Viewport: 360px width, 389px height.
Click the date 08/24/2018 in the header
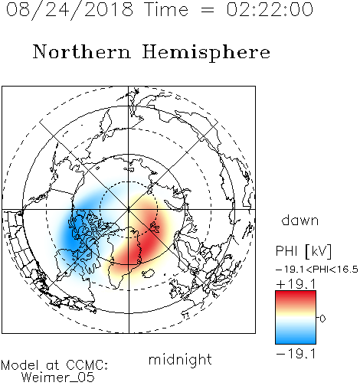pos(70,10)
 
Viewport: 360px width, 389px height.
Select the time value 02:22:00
pos(270,9)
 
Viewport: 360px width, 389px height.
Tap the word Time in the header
pos(166,9)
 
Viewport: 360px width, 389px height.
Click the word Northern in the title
pos(81,52)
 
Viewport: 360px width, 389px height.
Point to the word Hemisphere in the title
pos(206,53)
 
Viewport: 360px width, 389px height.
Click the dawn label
pos(300,220)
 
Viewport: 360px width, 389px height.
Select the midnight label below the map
pos(180,359)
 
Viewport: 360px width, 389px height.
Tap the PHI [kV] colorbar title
pos(303,251)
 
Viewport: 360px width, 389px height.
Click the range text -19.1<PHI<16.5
pos(317,270)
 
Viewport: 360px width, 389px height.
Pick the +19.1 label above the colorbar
pos(296,284)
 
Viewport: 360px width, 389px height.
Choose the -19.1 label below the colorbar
pos(296,354)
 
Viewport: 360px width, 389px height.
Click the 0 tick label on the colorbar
pos(322,319)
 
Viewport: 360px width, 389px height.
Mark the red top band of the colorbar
pos(296,297)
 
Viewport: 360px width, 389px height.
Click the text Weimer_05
pos(58,378)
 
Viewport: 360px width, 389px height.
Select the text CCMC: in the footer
pos(87,365)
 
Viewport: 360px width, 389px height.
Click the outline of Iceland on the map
pos(149,273)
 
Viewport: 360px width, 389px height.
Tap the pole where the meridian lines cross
pos(129,210)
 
